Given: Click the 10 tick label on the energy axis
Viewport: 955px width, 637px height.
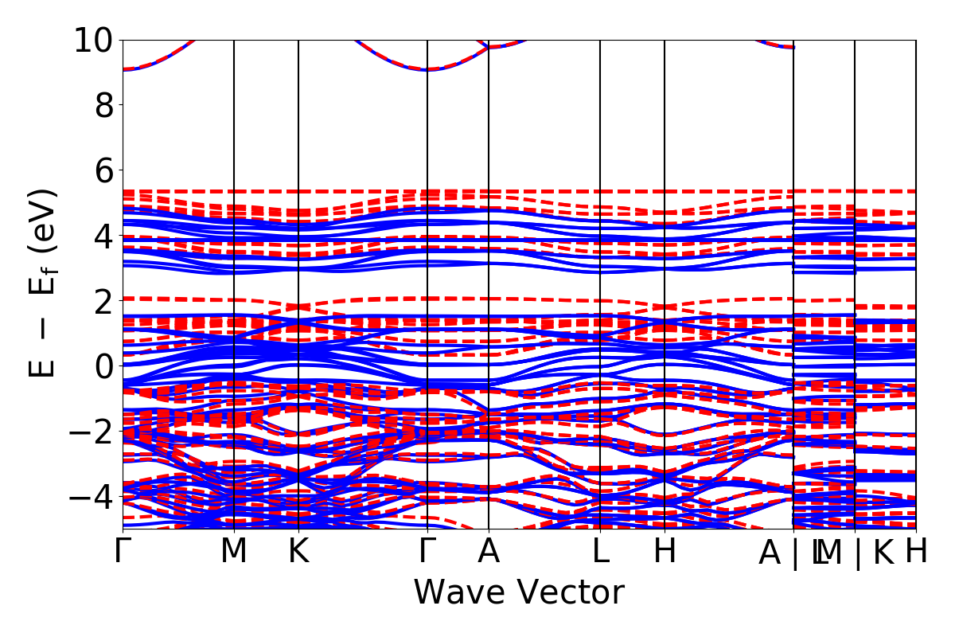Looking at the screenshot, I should [x=94, y=40].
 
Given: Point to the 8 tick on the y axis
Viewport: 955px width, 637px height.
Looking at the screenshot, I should [x=104, y=105].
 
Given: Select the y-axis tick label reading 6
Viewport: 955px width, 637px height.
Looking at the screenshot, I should [x=104, y=170].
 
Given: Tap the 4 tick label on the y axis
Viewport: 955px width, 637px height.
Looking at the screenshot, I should [x=104, y=236].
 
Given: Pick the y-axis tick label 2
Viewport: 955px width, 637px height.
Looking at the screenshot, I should [x=104, y=301].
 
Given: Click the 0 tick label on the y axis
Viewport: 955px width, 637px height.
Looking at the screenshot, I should [x=104, y=366].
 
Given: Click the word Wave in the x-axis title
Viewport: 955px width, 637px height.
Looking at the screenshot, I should [x=458, y=592].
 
